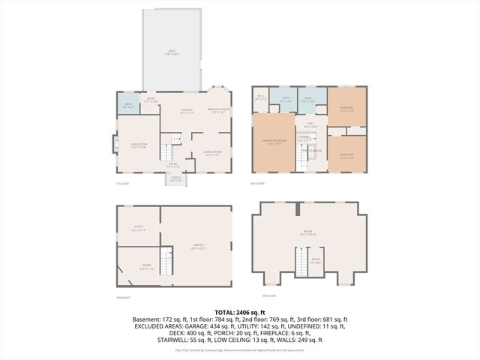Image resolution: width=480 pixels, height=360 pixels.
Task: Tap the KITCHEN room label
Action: click(x=187, y=112)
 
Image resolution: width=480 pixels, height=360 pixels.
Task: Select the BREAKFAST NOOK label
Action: click(x=218, y=112)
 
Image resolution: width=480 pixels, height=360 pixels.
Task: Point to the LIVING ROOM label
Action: click(x=139, y=146)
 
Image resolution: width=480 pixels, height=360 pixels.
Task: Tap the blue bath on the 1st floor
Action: click(x=128, y=106)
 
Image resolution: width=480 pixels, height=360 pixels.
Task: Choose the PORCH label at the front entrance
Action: click(x=175, y=179)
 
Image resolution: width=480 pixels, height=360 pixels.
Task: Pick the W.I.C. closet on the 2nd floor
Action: click(x=260, y=97)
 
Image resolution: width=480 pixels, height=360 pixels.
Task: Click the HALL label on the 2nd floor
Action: click(x=309, y=125)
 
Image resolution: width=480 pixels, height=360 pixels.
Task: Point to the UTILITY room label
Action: click(x=139, y=227)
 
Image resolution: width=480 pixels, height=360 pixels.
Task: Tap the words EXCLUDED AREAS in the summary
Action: click(x=161, y=325)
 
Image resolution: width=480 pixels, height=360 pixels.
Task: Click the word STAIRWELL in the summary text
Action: click(x=173, y=340)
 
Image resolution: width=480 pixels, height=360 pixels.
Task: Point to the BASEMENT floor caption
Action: click(x=124, y=298)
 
